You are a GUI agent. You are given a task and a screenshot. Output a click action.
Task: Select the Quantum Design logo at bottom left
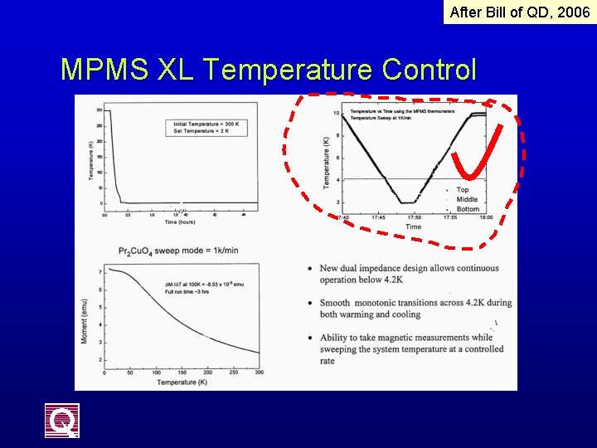click(x=62, y=421)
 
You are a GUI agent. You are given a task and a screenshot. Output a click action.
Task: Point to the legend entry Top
click(x=462, y=190)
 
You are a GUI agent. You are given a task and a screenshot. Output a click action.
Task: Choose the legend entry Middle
click(x=467, y=199)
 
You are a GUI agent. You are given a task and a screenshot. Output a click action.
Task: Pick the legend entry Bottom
click(x=468, y=209)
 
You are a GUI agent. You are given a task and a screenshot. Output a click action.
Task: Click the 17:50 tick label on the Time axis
click(x=413, y=218)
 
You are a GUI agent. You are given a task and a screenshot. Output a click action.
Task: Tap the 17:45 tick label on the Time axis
click(x=377, y=218)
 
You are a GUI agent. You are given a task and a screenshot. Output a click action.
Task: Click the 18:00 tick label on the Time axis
click(x=485, y=218)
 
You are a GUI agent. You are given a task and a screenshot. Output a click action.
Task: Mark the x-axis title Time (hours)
click(x=181, y=222)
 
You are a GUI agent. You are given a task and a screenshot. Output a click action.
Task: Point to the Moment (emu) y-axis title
click(x=86, y=315)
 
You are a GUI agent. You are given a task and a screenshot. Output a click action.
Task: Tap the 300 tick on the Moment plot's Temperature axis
click(x=258, y=373)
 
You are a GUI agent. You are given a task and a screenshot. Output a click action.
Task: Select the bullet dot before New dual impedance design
click(x=309, y=269)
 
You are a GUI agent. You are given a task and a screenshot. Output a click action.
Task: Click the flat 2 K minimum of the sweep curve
click(x=406, y=202)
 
